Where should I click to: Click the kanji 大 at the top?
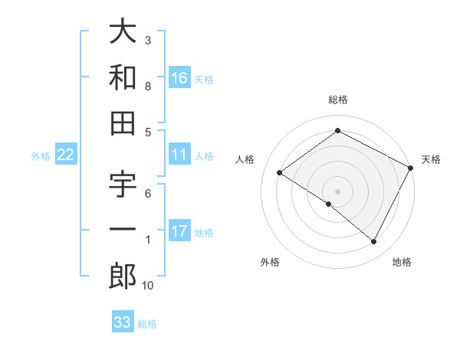click(123, 32)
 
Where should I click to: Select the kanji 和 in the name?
click(123, 77)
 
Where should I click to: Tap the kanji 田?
click(123, 123)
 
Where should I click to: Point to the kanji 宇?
click(123, 186)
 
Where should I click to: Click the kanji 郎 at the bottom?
click(123, 277)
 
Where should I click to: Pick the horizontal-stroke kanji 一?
click(123, 231)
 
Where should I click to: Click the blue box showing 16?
click(179, 77)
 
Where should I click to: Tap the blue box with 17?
click(179, 232)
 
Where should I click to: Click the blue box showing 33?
click(123, 322)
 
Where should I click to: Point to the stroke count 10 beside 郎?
click(148, 286)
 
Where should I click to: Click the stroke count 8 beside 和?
click(148, 87)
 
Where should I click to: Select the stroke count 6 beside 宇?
click(148, 194)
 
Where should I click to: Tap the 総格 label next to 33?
click(147, 324)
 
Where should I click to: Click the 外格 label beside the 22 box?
click(41, 156)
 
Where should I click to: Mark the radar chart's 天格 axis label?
click(432, 159)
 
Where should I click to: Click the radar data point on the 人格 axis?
click(279, 173)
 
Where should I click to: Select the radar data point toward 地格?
click(374, 242)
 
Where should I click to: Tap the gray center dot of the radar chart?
click(337, 191)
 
